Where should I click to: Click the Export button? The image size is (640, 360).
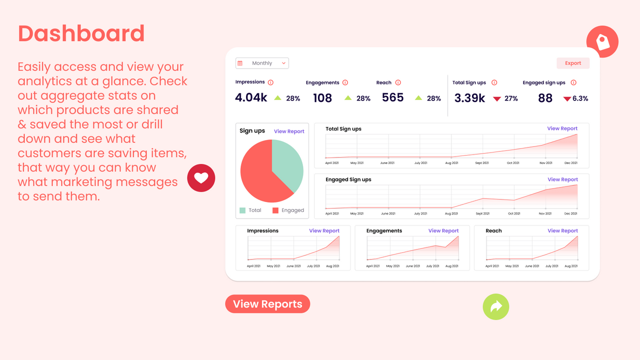click(x=573, y=63)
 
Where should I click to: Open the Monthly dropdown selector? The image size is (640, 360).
click(x=262, y=63)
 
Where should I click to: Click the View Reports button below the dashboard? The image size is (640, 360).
click(x=267, y=304)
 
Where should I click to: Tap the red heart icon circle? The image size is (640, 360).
click(x=201, y=178)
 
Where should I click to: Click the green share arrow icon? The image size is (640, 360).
click(x=495, y=306)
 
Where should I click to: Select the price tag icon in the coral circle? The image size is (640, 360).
click(x=602, y=42)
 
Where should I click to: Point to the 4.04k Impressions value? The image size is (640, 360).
click(x=251, y=97)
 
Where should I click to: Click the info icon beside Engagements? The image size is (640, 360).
click(x=345, y=82)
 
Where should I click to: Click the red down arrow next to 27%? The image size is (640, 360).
click(x=496, y=99)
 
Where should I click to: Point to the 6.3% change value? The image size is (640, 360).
click(x=580, y=98)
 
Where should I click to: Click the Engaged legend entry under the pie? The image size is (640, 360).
click(x=288, y=210)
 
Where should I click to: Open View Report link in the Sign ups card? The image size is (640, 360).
click(x=289, y=131)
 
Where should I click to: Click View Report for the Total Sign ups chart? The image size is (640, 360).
click(x=562, y=128)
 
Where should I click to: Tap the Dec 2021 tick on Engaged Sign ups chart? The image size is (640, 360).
click(x=570, y=213)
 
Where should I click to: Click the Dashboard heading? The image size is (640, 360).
click(x=81, y=33)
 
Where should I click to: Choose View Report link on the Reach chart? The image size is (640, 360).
click(x=562, y=231)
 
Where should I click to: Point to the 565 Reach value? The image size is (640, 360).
click(x=392, y=97)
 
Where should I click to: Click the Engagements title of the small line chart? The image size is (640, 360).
click(x=384, y=231)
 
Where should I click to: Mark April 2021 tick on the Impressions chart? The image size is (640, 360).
click(x=253, y=266)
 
